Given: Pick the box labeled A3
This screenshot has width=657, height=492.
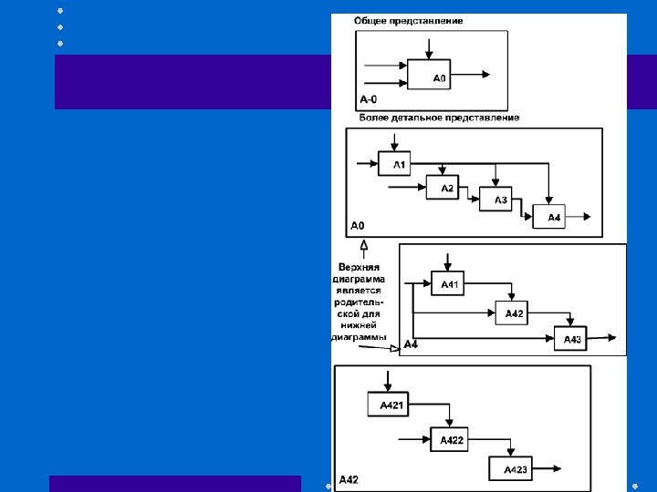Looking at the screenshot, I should [495, 200].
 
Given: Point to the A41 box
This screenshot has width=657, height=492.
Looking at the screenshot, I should [449, 284].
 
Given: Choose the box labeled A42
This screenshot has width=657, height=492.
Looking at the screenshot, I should [514, 313].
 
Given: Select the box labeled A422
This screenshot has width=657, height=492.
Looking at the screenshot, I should [451, 440].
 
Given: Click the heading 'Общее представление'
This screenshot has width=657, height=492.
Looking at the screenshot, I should [410, 20].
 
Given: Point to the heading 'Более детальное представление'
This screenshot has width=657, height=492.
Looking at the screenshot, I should [440, 118].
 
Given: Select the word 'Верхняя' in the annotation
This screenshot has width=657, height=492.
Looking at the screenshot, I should [359, 266].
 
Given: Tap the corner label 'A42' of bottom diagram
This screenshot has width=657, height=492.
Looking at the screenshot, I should [349, 479].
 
